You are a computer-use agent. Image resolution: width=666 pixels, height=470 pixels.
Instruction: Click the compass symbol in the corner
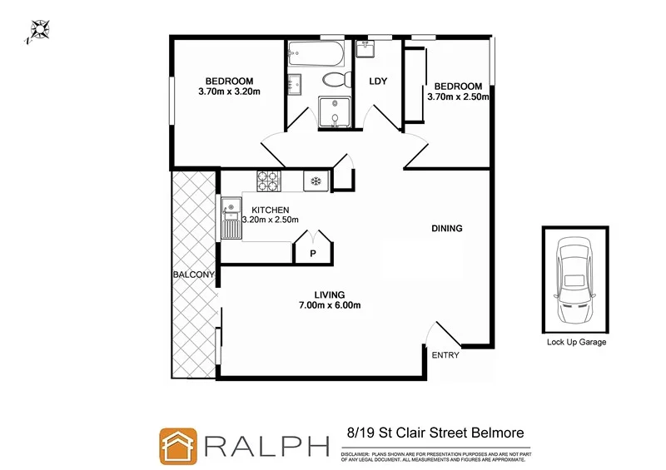(x=37, y=31)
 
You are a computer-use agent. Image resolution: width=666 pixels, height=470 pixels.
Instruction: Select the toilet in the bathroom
(x=334, y=81)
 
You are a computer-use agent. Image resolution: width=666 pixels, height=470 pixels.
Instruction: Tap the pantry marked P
(x=313, y=253)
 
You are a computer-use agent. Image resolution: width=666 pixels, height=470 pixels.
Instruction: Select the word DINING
(x=446, y=229)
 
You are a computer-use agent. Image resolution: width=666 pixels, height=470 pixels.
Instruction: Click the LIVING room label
(x=330, y=294)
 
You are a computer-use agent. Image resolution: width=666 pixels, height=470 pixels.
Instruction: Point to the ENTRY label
(x=444, y=355)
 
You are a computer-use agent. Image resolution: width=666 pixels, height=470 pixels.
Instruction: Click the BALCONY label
(x=194, y=275)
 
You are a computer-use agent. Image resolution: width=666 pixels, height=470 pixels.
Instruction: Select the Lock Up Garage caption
(x=576, y=342)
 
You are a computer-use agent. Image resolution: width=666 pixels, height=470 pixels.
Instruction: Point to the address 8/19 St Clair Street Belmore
(x=435, y=433)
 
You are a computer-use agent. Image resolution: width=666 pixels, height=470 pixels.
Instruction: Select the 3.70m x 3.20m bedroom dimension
(x=230, y=92)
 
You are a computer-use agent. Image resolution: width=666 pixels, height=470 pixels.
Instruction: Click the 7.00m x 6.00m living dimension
(x=330, y=304)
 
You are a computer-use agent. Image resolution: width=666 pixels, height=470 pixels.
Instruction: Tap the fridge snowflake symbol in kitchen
(x=316, y=181)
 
